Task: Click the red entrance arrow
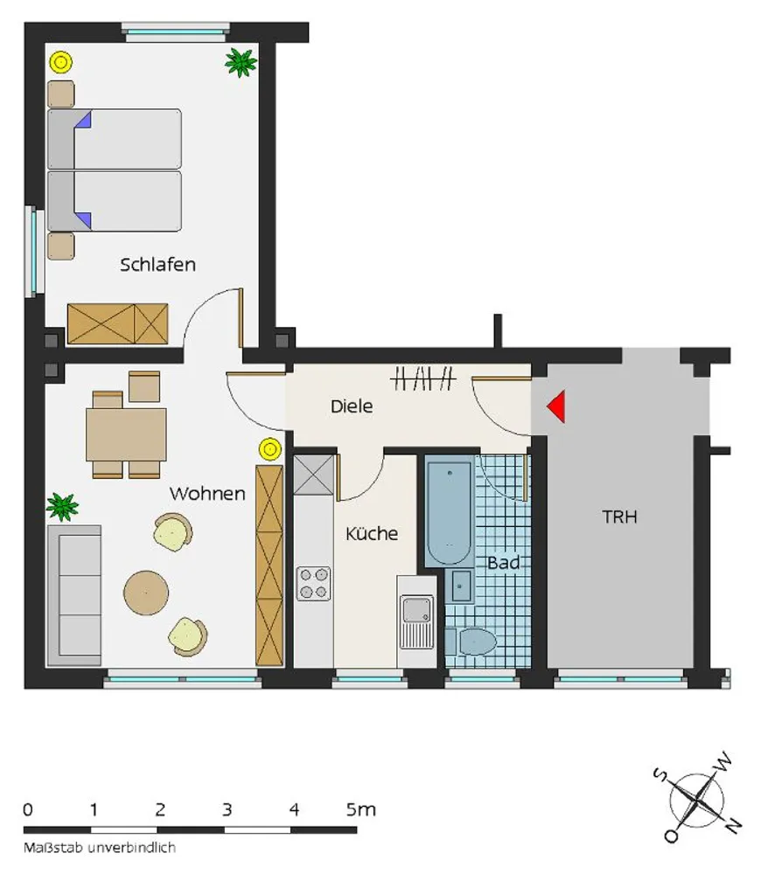(558, 406)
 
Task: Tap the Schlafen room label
(157, 264)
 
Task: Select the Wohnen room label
(207, 493)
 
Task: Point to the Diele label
(352, 406)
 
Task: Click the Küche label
(372, 533)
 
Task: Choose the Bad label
(504, 563)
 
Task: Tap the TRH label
(619, 517)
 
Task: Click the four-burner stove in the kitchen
(313, 583)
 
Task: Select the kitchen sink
(416, 621)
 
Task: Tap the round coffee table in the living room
(146, 592)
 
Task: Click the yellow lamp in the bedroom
(61, 62)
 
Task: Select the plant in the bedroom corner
(241, 62)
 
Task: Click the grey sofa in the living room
(74, 595)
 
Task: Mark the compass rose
(697, 801)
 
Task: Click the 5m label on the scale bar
(361, 808)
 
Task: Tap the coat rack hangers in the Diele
(422, 379)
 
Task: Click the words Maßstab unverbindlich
(99, 848)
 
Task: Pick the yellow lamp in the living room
(270, 448)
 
